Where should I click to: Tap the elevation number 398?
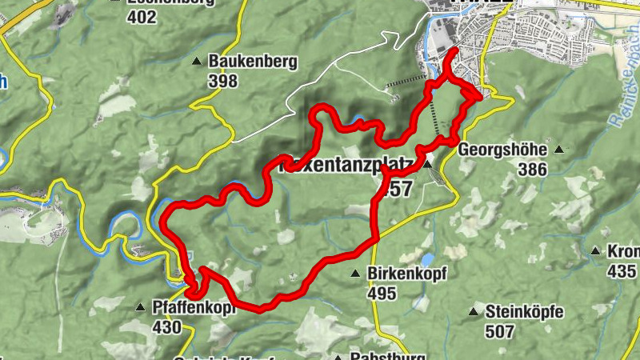(x=223, y=81)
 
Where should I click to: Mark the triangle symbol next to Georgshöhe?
(x=559, y=150)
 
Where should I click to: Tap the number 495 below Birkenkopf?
(x=382, y=294)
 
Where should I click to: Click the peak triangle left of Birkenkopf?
(x=355, y=274)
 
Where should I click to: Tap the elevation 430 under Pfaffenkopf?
(x=166, y=326)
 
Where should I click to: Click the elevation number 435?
(x=622, y=270)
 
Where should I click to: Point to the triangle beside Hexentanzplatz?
(x=427, y=164)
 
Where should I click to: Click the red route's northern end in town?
(x=455, y=50)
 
